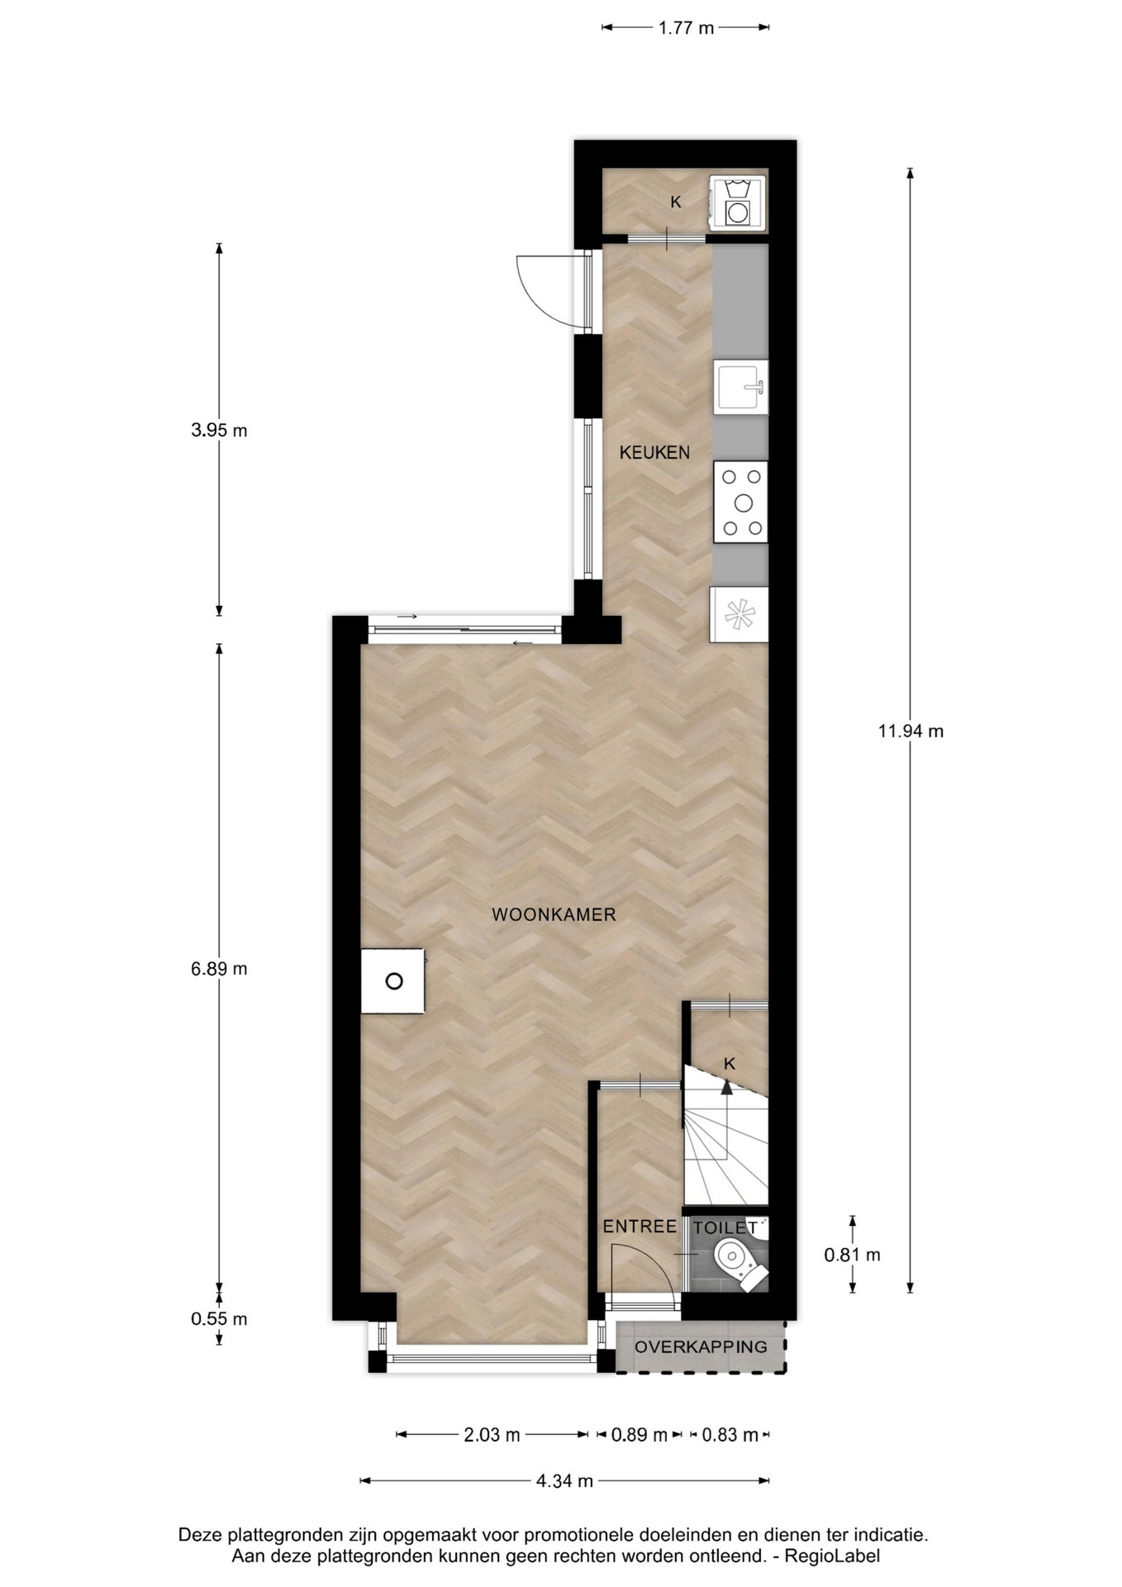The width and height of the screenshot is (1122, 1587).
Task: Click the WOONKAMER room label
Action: tap(554, 914)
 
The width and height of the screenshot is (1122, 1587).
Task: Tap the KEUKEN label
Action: tap(654, 452)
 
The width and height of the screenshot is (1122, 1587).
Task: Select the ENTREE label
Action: tap(639, 1227)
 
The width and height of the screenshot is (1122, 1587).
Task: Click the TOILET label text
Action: tap(725, 1228)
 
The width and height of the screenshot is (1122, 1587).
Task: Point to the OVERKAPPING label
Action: tap(701, 1346)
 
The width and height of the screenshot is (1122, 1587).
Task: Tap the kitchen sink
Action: tap(741, 386)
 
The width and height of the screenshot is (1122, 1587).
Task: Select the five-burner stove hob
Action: tap(741, 502)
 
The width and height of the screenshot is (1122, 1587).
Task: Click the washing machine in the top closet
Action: tap(737, 203)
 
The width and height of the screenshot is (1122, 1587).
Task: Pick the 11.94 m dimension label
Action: tap(910, 731)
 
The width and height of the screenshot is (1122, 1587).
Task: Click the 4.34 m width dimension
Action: tap(564, 1481)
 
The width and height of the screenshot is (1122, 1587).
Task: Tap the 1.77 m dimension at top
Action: tap(686, 28)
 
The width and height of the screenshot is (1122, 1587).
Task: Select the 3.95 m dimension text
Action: tap(219, 431)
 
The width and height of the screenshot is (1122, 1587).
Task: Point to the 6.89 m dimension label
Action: tap(219, 969)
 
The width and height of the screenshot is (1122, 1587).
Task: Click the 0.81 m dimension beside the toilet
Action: tap(853, 1255)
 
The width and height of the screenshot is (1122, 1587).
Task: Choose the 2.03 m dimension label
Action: tap(492, 1435)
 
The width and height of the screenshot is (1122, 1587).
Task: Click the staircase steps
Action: tap(725, 1145)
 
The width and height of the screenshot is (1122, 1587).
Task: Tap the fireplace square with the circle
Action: tap(392, 980)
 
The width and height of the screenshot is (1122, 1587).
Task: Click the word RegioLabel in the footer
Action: tap(832, 1556)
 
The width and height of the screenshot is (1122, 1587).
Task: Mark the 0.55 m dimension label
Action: tap(219, 1319)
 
